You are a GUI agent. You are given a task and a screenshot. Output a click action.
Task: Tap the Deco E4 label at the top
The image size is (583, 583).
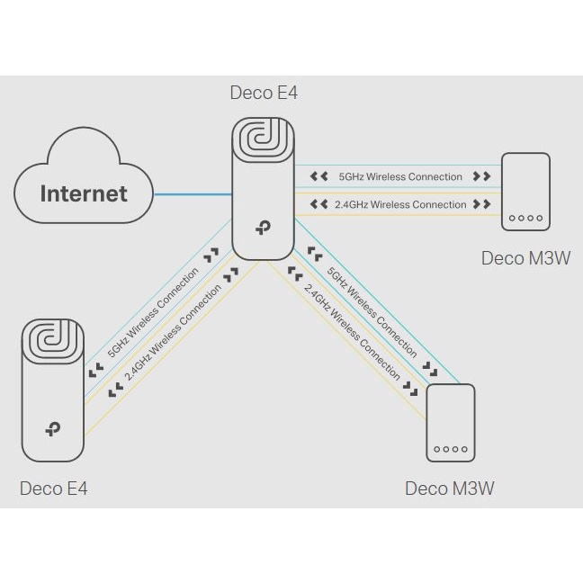[x=263, y=93]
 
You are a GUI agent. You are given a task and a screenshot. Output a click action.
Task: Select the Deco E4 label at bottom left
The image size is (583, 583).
[x=54, y=489]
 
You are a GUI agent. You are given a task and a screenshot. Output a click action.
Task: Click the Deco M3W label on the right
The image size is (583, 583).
[x=526, y=258]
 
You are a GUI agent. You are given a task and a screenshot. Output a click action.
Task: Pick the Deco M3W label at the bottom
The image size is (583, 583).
[x=449, y=489]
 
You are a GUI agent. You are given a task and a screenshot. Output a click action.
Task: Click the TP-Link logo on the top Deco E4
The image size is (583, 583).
[x=263, y=229]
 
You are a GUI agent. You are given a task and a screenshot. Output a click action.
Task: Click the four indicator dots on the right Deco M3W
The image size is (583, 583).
[x=525, y=218]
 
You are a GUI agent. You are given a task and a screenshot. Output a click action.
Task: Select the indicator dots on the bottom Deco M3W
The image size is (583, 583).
[x=449, y=448]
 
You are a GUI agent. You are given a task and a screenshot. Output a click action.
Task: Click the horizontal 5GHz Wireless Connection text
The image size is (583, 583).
[x=400, y=177]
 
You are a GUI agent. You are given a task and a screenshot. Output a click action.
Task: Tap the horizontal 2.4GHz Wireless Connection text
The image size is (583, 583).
[x=400, y=204]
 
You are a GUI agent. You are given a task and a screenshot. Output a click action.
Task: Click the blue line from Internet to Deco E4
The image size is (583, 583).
[x=193, y=193]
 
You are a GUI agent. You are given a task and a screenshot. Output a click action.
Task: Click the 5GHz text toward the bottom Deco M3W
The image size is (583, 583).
[x=372, y=310]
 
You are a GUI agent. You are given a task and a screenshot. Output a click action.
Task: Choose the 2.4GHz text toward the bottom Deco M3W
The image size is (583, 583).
[x=352, y=330]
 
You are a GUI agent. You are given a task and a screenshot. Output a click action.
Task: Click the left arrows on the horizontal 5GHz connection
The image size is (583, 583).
[x=318, y=177]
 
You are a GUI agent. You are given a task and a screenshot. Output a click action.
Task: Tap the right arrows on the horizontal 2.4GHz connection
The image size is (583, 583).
[x=482, y=204]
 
